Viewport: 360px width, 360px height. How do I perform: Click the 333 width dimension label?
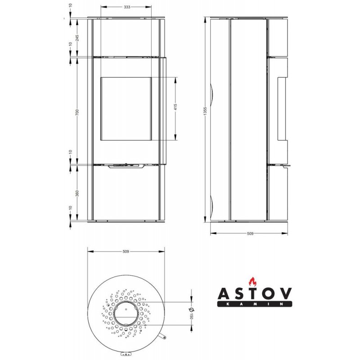(127, 7)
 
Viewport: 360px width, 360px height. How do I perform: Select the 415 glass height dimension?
(175, 107)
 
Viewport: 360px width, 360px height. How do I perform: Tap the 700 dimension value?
(77, 112)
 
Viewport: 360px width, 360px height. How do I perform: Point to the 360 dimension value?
(77, 193)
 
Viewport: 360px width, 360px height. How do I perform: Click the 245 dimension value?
(77, 38)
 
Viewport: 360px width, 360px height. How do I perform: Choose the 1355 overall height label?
(206, 111)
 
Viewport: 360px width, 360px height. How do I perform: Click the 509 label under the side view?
(250, 234)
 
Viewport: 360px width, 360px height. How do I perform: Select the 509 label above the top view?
(126, 252)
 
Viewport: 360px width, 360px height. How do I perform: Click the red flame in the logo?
(252, 281)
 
